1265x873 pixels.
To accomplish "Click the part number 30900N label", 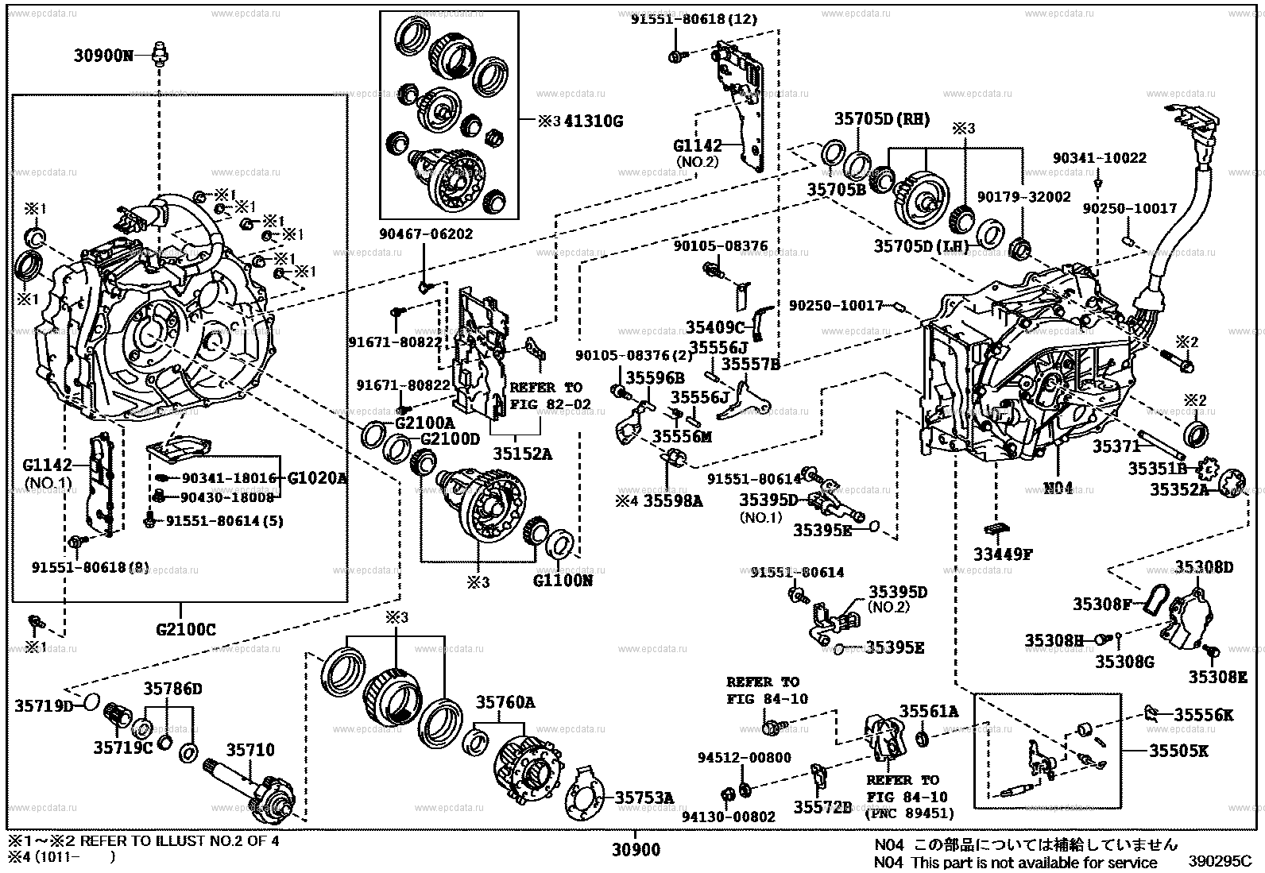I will (103, 56).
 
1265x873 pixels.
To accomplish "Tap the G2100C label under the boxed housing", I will (185, 631).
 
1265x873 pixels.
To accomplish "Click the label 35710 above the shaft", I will (250, 750).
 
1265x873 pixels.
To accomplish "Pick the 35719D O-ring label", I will (43, 705).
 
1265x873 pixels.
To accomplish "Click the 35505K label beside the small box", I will (1201, 750).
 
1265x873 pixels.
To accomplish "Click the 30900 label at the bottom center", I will (636, 851).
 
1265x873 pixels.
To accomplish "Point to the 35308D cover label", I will (1204, 567).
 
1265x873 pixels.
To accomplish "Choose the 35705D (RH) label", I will (881, 120).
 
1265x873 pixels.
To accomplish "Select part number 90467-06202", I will (426, 234).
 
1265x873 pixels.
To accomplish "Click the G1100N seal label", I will (563, 581).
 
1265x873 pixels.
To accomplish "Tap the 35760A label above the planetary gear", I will (505, 702).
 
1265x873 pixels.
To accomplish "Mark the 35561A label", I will (928, 711).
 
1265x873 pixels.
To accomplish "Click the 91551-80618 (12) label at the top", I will (694, 19).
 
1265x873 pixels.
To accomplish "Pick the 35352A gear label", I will (1178, 490).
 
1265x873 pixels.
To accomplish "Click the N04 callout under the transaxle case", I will (1057, 487).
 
